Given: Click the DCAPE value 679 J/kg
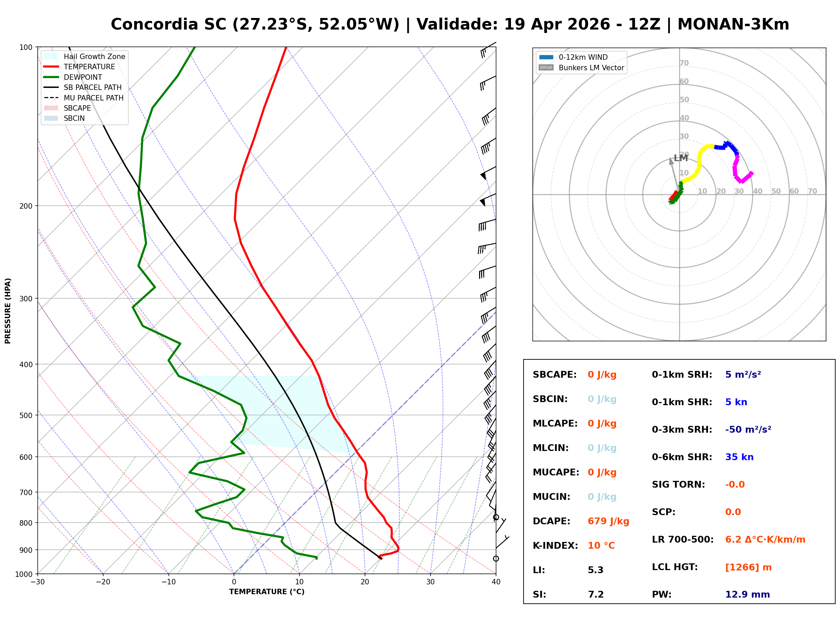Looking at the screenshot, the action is click(608, 521).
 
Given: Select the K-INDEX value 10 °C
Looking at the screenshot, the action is click(601, 546).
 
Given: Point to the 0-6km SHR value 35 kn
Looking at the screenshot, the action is click(739, 457).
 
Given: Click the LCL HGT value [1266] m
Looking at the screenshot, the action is click(748, 567).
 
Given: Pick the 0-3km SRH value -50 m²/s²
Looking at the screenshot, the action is click(748, 430).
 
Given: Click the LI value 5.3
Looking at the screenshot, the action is click(595, 570).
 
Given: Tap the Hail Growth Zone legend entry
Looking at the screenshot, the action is click(84, 56).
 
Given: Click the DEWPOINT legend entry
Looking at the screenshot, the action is click(73, 77).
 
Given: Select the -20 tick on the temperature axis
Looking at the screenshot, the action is click(103, 582).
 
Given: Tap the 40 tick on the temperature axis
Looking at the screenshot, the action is click(496, 582).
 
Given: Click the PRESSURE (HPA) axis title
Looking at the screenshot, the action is click(8, 311).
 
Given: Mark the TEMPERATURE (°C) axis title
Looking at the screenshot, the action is click(267, 592).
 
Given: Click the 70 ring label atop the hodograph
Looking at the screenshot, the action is click(684, 63).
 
